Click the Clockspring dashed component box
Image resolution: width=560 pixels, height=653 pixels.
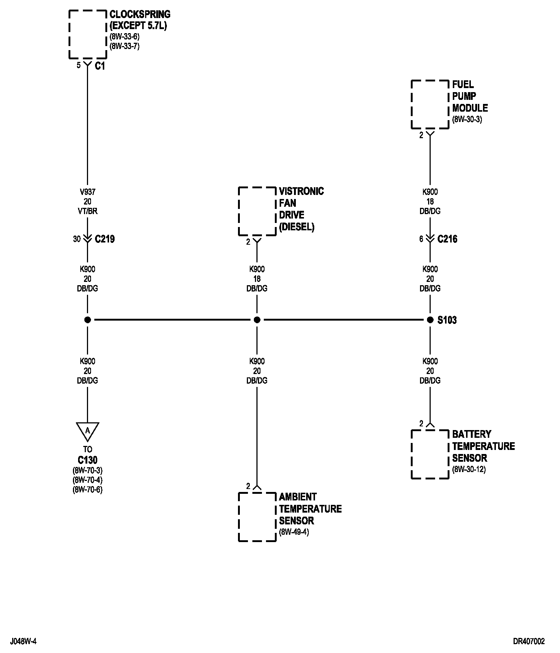88,34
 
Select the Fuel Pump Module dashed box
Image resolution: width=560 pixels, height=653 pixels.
430,104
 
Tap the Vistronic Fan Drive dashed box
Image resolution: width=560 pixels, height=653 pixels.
257,211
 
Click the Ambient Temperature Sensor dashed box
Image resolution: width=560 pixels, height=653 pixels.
257,517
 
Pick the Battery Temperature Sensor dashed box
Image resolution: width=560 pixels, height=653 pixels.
430,454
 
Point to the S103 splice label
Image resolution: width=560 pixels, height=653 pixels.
447,320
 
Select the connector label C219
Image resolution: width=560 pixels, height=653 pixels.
105,239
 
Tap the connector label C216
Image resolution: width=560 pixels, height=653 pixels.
447,239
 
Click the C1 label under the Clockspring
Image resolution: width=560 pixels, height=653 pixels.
100,66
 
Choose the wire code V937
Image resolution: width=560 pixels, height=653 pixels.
87,192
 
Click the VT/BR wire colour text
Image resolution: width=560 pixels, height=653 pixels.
87,211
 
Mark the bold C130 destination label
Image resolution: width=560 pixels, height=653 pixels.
87,460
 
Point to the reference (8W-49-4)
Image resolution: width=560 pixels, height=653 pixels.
294,532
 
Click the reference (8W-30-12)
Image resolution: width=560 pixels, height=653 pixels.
469,469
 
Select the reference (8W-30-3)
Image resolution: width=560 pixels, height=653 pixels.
467,119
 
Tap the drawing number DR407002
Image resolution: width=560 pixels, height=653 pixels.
529,642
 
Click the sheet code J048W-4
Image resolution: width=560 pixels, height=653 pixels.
23,642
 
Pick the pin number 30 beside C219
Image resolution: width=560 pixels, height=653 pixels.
77,239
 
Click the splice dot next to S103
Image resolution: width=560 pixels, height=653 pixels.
430,320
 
